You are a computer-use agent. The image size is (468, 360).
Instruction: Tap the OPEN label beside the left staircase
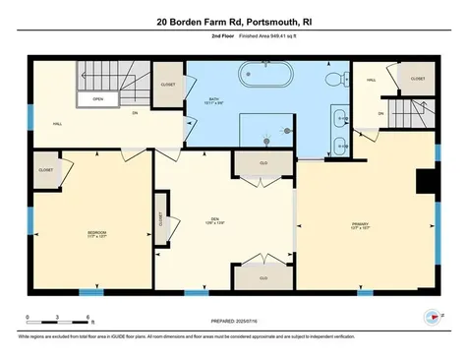[x=98, y=99]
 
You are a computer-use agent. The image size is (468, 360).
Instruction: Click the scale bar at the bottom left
[x=59, y=320]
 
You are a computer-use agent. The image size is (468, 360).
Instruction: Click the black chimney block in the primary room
[x=426, y=183]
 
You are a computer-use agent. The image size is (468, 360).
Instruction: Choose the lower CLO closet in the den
[x=263, y=277]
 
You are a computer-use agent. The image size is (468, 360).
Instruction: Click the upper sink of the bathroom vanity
[x=339, y=118]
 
